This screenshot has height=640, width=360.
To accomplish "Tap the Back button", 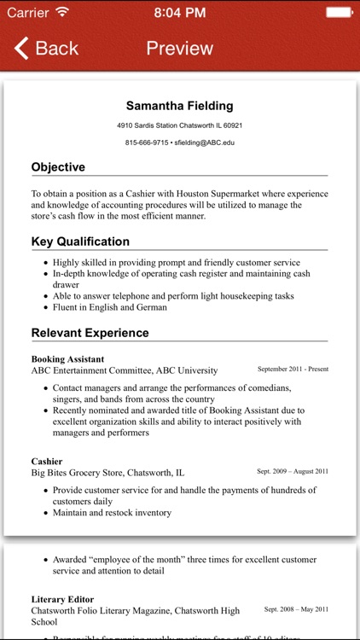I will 47,48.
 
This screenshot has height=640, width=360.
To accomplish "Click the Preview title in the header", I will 179,48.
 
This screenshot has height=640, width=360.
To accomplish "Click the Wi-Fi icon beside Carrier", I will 62,13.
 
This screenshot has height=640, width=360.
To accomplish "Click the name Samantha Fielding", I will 179,106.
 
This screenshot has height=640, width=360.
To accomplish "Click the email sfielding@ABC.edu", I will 204,143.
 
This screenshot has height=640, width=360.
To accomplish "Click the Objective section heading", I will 58,167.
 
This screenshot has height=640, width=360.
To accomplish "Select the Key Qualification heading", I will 80,241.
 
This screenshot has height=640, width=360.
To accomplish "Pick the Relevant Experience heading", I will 90,333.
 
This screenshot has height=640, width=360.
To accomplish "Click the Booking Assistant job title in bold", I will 67,359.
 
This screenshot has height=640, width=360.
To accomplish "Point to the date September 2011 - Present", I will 293,369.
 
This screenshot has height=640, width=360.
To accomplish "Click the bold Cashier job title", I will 47,461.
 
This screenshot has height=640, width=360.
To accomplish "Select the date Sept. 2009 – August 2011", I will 293,471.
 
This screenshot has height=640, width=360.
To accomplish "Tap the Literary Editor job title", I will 62,600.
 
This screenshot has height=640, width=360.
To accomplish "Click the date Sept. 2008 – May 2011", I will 296,610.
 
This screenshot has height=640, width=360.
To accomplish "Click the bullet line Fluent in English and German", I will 110,307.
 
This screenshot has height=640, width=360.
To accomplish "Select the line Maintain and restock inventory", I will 112,513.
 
